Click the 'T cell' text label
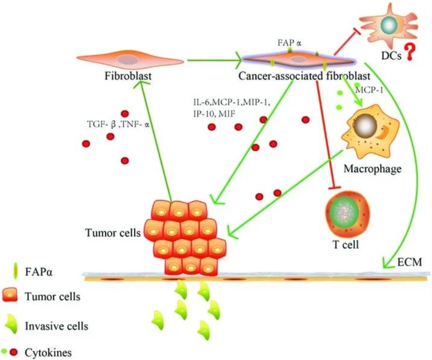[x=344, y=245]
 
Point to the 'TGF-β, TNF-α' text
[x=119, y=124]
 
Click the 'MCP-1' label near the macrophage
[x=370, y=89]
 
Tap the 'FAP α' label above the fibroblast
[x=289, y=43]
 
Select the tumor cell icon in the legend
[x=10, y=297]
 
